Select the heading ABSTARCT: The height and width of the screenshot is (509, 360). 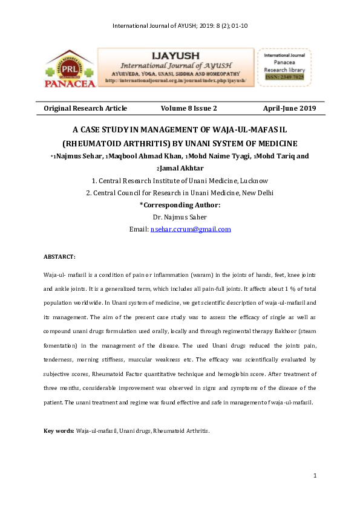coord(59,257)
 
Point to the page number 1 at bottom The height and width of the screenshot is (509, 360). coord(315,476)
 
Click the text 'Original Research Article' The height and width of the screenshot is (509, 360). coord(85,108)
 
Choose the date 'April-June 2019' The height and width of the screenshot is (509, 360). coord(289,108)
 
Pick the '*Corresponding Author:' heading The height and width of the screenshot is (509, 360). coord(180,205)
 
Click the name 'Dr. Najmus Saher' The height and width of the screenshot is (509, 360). coord(180,217)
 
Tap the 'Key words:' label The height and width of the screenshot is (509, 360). coord(59,430)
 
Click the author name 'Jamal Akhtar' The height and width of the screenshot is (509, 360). coord(183,168)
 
